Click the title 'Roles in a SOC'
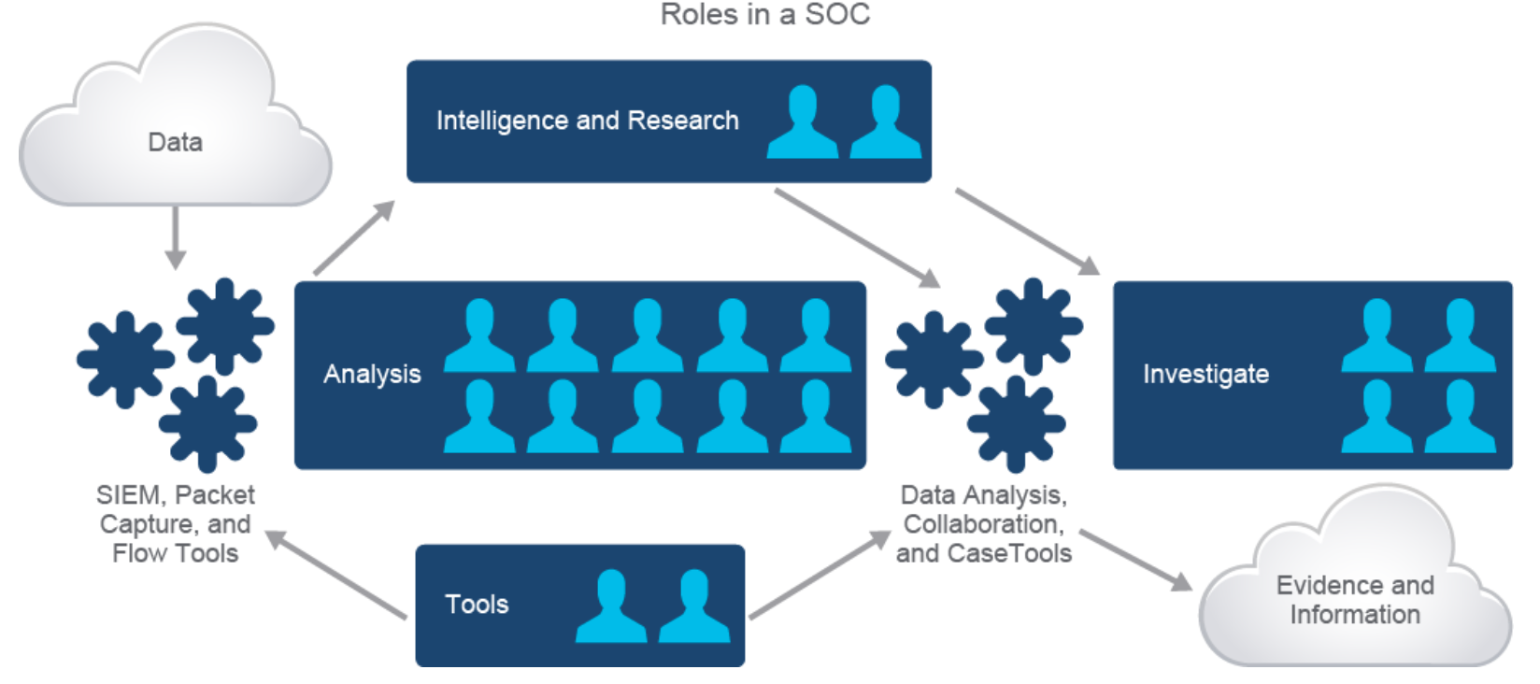click(764, 15)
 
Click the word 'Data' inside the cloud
click(175, 142)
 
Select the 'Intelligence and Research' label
click(587, 121)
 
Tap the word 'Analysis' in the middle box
click(372, 374)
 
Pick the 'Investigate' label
click(1205, 374)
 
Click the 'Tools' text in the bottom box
click(477, 605)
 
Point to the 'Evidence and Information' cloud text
click(1355, 600)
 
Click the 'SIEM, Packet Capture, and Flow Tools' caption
click(176, 524)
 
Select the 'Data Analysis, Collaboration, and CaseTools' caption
click(983, 524)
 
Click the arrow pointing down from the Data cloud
click(175, 237)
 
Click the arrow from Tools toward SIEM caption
click(336, 575)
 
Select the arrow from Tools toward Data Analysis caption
click(820, 575)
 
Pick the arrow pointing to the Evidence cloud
click(1135, 560)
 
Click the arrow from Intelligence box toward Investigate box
click(1026, 231)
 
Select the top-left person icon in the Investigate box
click(1376, 335)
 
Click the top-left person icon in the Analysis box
click(478, 335)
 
